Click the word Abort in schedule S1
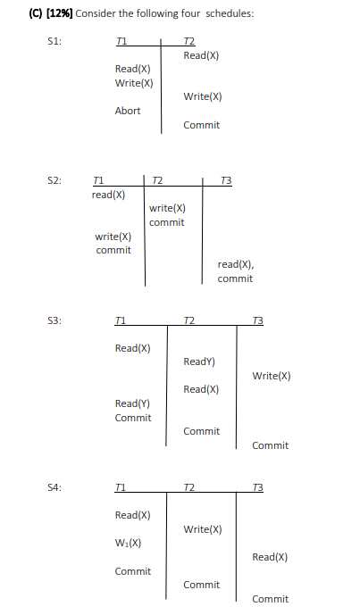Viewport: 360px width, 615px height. point(128,111)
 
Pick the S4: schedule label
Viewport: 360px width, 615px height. point(54,486)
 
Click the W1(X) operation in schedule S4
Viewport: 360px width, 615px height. point(128,543)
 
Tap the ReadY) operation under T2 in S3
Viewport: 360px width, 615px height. point(198,362)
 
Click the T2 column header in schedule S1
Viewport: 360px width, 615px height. point(188,41)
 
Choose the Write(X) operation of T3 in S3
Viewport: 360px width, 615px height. point(272,376)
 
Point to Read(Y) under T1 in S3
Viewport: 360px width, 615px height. point(133,403)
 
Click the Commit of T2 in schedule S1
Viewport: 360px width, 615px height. point(201,125)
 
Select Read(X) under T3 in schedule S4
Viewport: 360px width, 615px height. point(270,557)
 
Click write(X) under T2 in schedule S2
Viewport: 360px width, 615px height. point(167,208)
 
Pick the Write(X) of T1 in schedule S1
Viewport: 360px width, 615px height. point(134,83)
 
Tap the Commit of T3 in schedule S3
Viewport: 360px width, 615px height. point(270,445)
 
